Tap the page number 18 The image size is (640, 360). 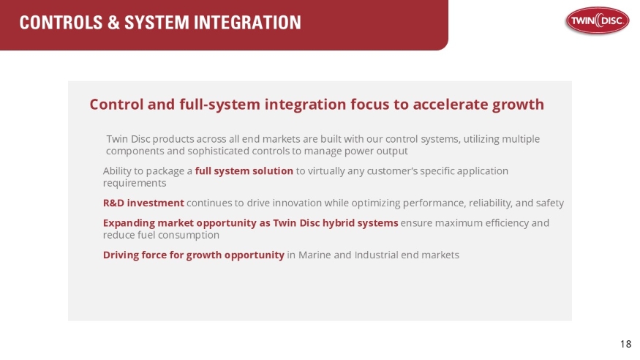tap(625, 344)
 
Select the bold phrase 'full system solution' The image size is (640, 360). tap(244, 170)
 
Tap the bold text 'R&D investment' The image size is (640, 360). tap(143, 203)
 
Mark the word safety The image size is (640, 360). tap(549, 203)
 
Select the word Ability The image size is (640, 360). tap(118, 170)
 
